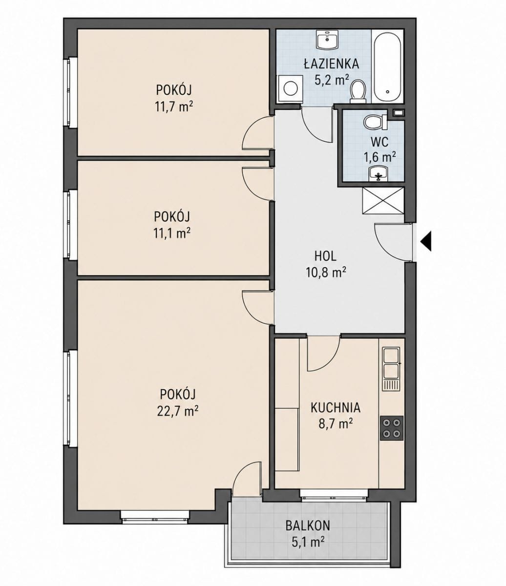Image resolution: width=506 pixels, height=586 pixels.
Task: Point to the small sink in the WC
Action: [x=378, y=173]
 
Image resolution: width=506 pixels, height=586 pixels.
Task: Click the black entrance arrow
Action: [x=426, y=241]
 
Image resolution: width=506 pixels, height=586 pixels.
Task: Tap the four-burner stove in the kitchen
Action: [x=391, y=428]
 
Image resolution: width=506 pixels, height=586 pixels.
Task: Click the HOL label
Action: [x=326, y=256]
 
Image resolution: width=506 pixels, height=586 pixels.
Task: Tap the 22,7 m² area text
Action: [x=178, y=411]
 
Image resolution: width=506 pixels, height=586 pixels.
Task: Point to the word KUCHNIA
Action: [x=336, y=408]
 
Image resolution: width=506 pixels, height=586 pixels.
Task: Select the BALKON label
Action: [x=308, y=525]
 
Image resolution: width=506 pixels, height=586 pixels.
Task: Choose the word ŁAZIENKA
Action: [x=331, y=64]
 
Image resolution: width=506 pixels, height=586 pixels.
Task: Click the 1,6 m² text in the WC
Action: [x=380, y=157]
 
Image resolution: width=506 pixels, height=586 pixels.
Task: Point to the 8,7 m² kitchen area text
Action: [x=336, y=424]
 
